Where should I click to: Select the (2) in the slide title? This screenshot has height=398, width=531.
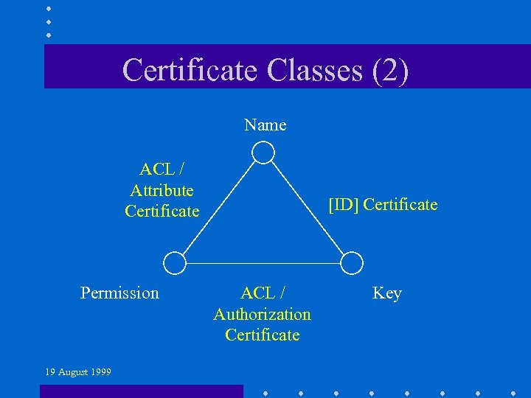coord(391,70)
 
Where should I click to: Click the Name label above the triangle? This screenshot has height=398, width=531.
coord(265,125)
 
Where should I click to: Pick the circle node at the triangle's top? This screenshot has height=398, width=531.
coord(263,153)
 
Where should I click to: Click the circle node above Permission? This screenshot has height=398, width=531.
coord(174,262)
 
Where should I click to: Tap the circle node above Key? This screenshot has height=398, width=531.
coord(353,262)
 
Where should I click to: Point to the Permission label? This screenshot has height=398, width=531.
coord(119,293)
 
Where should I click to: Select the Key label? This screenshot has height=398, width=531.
coord(387,293)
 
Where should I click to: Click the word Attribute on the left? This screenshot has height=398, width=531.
coord(162,190)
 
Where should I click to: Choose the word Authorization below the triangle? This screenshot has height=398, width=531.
coord(263,315)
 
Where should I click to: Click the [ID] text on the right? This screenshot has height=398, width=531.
coord(344,205)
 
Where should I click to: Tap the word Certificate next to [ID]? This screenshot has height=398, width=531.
coord(400,205)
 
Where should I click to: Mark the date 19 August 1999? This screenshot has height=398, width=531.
coord(78,372)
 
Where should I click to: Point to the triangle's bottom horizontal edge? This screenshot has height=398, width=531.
coord(263,262)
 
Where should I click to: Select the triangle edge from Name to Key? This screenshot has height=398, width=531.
coord(308,209)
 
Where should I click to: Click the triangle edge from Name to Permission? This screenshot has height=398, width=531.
coord(218,208)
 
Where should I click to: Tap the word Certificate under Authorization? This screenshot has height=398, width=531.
coord(263,335)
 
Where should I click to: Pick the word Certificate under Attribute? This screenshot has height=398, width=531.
coord(162,211)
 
